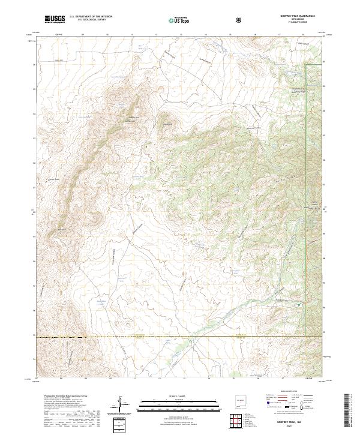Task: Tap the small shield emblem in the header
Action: [x=239, y=20]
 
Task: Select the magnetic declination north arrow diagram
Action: [x=122, y=405]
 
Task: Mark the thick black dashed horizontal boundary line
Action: [x=180, y=337]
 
